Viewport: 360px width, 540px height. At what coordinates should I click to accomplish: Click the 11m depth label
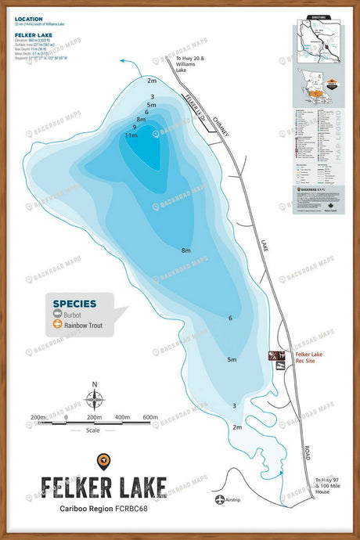coord(131,135)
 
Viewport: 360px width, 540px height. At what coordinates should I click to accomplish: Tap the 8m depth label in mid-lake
coord(186,250)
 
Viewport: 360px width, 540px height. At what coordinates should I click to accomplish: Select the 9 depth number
coord(135,127)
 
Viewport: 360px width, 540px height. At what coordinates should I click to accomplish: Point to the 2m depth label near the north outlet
coord(152,81)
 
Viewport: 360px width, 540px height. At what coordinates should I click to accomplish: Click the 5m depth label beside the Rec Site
coord(232,359)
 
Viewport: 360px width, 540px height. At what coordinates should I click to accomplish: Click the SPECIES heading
coord(74,304)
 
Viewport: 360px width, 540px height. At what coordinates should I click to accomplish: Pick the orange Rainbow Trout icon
coord(58,328)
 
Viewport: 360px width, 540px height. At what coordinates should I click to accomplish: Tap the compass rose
coord(95,400)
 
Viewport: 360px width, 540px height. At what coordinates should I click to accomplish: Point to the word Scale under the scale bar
coord(95,430)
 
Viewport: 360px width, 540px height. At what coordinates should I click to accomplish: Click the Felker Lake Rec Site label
coord(306,357)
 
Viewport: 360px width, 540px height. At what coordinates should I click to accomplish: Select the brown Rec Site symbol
coord(276,357)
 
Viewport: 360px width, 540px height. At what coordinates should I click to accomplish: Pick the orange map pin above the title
coord(103,461)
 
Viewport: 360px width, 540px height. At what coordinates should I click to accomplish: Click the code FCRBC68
coord(145,509)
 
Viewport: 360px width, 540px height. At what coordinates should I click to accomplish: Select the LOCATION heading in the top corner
coord(29,18)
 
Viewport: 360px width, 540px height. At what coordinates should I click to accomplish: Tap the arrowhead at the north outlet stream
coord(122,60)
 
